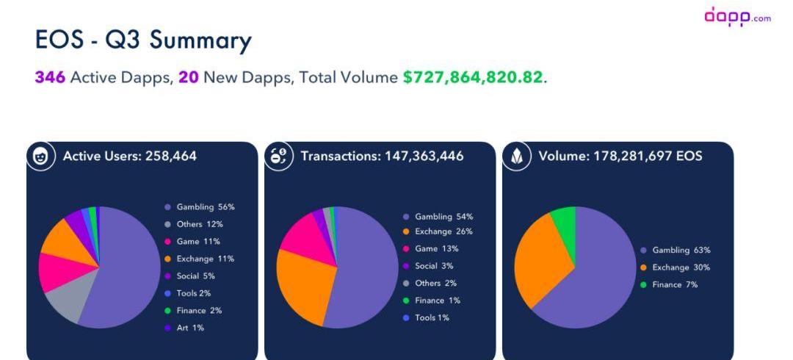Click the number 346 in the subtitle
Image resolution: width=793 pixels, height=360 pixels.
(49, 77)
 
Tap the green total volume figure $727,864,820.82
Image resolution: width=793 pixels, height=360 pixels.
(473, 77)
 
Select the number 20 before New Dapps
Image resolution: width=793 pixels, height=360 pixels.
(189, 77)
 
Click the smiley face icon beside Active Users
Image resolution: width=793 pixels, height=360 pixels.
(41, 156)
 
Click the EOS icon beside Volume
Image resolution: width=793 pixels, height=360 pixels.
(517, 156)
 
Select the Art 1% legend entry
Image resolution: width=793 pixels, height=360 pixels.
(189, 328)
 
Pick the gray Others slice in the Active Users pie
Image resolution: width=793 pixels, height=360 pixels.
(65, 305)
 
